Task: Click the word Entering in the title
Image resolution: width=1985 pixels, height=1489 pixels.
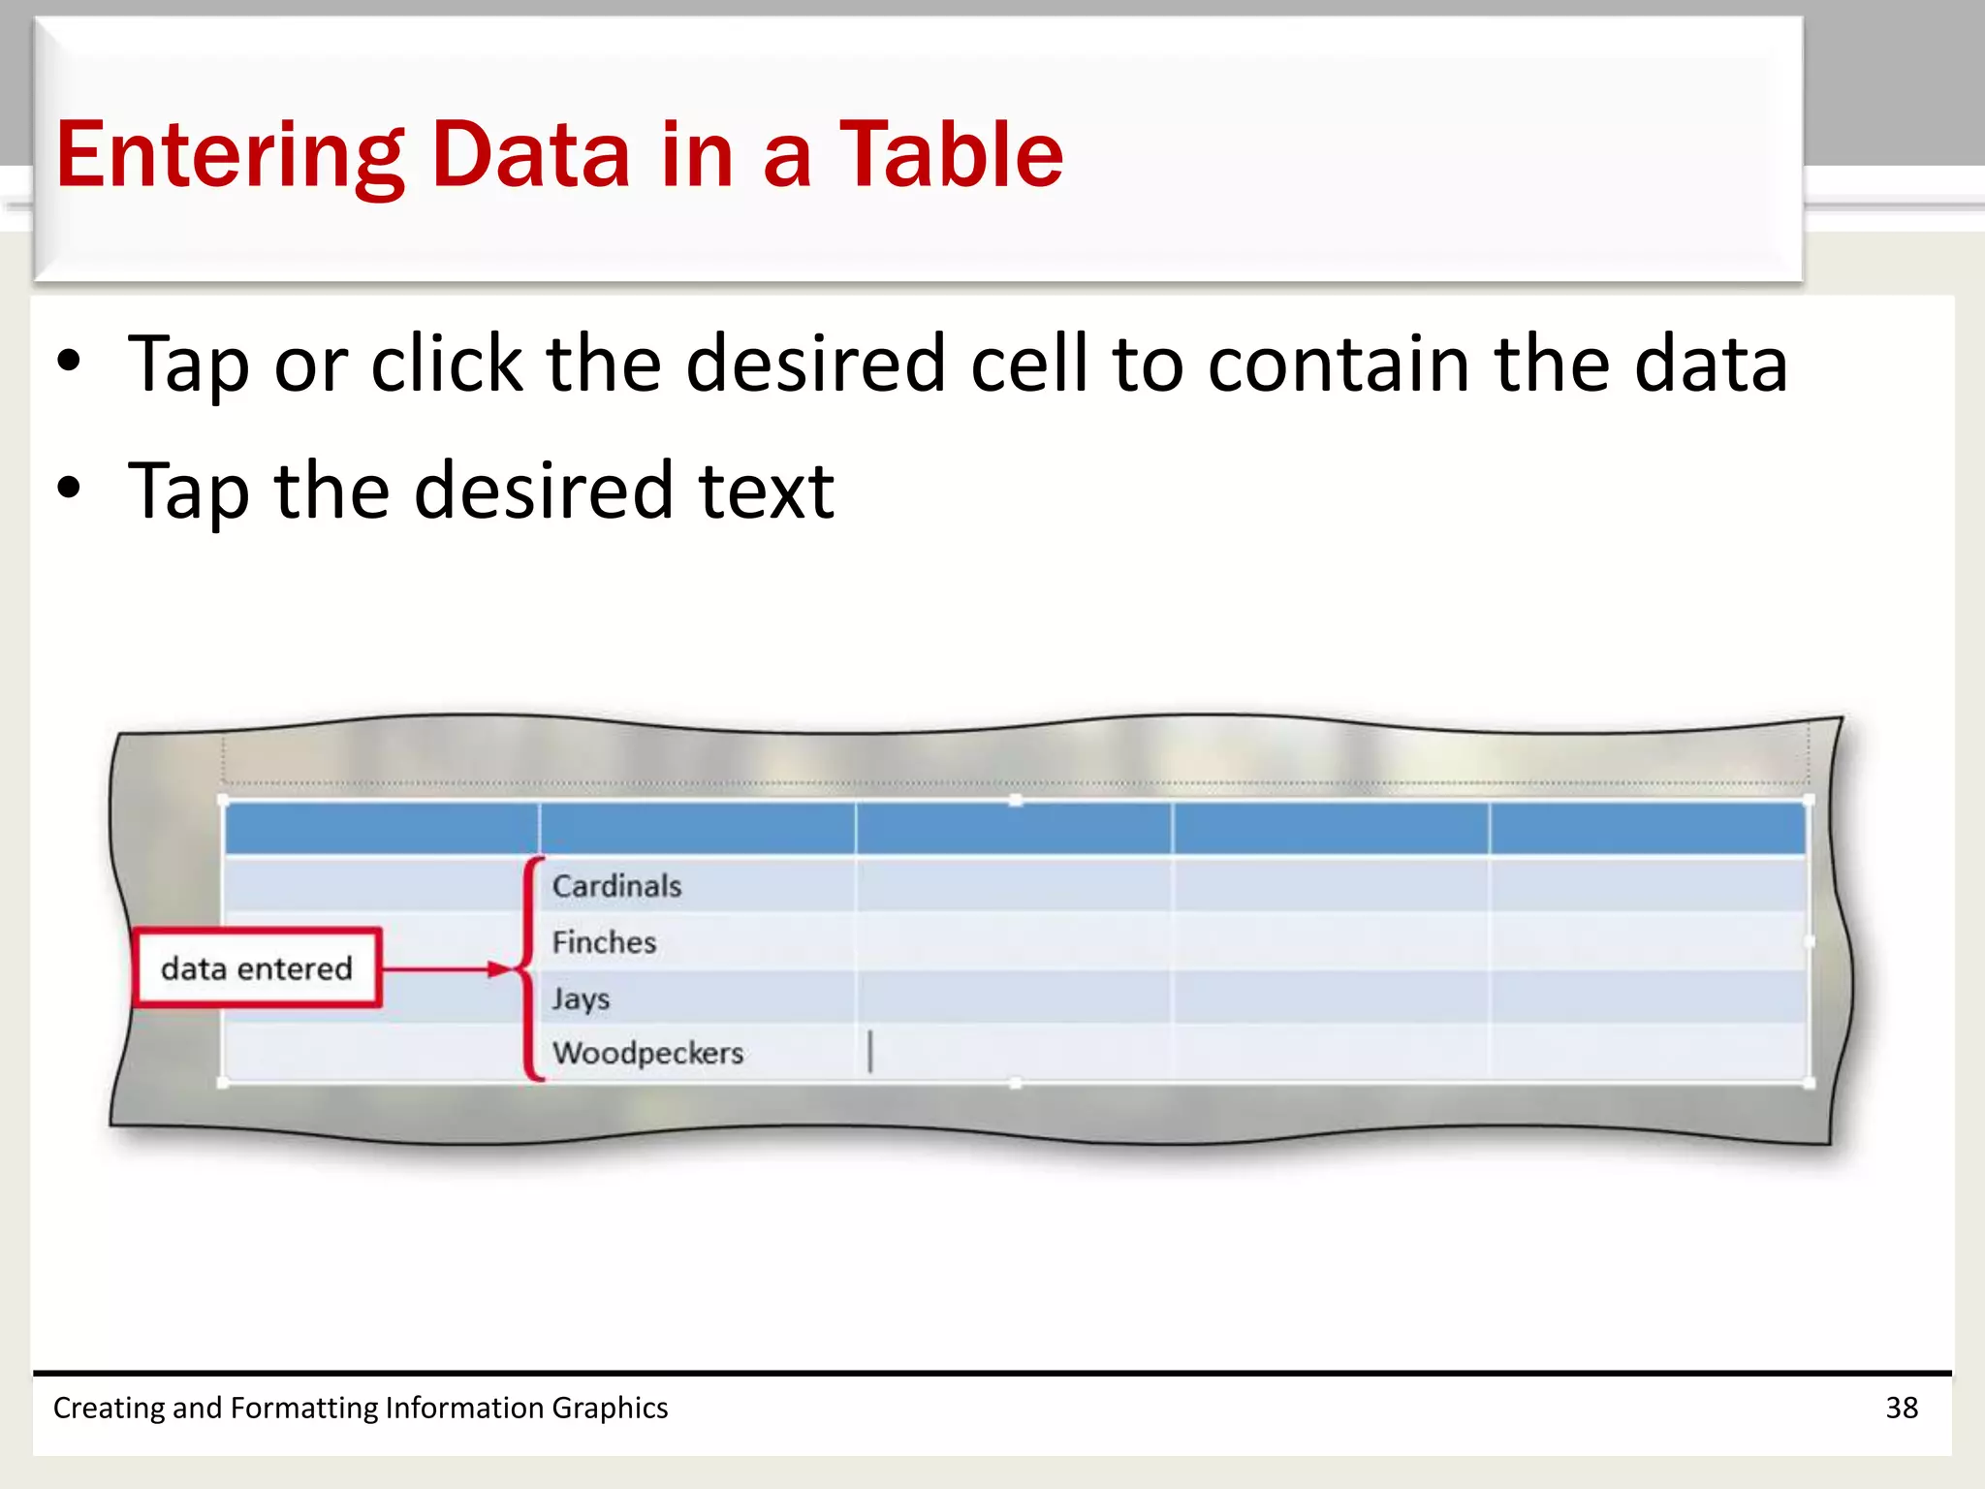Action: [x=229, y=155]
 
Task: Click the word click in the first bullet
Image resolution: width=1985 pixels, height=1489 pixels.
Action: [x=447, y=364]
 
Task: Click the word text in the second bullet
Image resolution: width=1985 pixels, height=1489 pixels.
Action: [x=766, y=491]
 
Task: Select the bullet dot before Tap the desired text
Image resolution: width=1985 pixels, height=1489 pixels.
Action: [x=69, y=488]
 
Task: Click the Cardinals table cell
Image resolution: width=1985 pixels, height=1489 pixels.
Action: [x=617, y=886]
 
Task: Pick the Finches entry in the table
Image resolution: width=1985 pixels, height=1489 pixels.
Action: [x=604, y=942]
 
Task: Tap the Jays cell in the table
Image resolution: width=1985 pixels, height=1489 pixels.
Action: [x=581, y=998]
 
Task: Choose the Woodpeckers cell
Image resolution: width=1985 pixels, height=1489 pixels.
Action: [x=647, y=1053]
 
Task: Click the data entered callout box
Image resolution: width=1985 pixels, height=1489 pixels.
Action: [x=257, y=968]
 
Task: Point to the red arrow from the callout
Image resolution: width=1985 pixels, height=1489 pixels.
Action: [x=446, y=968]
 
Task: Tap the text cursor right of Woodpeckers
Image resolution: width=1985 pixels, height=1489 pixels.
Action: [x=870, y=1052]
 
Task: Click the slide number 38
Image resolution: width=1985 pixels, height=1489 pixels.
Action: [x=1902, y=1408]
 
